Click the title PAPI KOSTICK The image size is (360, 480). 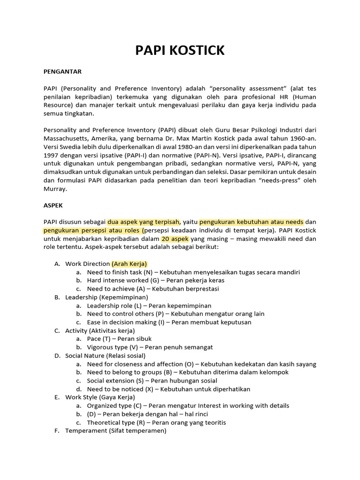(180, 51)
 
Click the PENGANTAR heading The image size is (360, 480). (62, 72)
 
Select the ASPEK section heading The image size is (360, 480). (53, 205)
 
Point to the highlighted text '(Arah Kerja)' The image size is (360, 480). (129, 263)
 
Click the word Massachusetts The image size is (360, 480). (68, 138)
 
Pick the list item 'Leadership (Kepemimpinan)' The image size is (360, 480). (106, 297)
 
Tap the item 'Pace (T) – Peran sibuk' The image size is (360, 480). (119, 338)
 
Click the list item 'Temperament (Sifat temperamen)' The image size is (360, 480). (115, 430)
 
